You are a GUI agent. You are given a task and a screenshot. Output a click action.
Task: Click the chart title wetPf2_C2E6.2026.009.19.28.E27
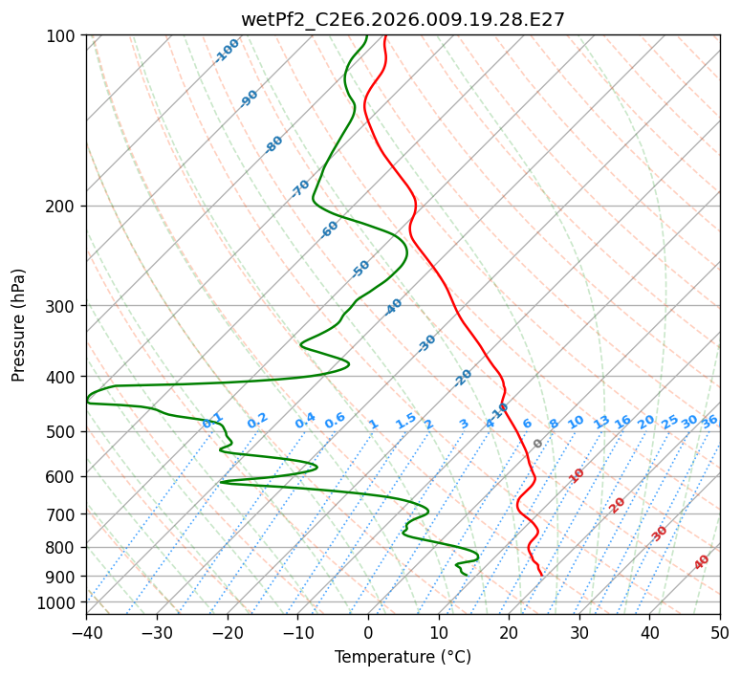[x=403, y=20]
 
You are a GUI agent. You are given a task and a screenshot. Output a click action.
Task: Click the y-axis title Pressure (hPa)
[x=18, y=325]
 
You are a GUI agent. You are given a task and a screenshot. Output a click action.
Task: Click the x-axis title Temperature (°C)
[x=403, y=657]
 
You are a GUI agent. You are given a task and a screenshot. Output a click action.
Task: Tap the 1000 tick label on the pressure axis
[x=61, y=603]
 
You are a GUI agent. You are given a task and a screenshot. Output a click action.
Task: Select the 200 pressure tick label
[x=65, y=207]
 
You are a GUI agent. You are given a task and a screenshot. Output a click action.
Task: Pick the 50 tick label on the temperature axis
[x=720, y=632]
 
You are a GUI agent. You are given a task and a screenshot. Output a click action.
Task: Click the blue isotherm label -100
[x=227, y=51]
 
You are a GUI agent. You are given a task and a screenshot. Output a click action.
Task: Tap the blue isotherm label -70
[x=299, y=188]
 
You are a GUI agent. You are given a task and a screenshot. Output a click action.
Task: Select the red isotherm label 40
[x=702, y=562]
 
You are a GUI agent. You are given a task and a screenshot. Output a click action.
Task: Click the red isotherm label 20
[x=617, y=506]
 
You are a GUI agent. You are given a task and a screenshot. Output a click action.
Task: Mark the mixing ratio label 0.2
[x=257, y=421]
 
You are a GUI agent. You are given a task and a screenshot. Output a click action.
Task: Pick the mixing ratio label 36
[x=709, y=422]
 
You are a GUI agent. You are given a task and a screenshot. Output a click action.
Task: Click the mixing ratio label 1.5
[x=406, y=421]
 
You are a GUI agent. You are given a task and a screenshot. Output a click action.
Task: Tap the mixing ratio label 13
[x=601, y=422]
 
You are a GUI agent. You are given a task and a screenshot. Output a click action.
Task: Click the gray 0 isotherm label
[x=537, y=444]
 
